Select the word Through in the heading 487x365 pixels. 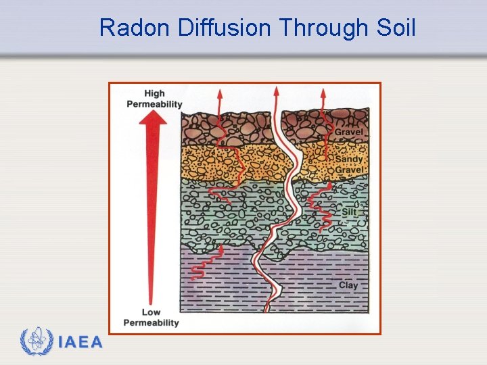(323, 28)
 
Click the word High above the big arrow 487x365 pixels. (154, 94)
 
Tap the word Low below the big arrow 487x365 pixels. (152, 312)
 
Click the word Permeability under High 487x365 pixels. (154, 104)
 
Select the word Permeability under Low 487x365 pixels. (152, 322)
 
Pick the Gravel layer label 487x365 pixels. (348, 132)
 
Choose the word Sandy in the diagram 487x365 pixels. (350, 160)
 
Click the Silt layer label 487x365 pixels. (348, 212)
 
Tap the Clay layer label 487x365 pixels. (348, 285)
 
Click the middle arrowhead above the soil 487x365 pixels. (275, 90)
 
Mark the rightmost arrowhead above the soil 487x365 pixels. (323, 92)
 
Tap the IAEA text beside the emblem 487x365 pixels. (80, 343)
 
